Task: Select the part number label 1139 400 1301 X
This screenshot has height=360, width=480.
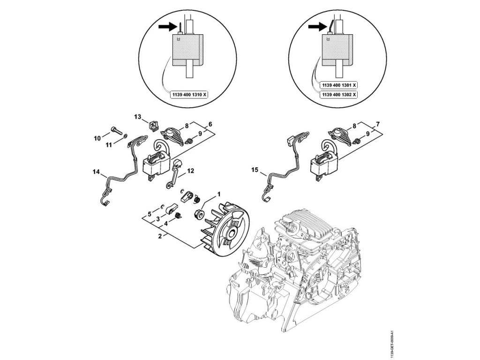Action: [x=339, y=85]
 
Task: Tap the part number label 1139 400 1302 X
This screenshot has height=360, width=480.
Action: [x=339, y=95]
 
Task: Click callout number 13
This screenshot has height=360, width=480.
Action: [x=137, y=117]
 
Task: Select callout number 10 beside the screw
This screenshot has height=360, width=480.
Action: [x=97, y=139]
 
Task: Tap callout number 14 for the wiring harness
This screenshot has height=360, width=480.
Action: [x=96, y=172]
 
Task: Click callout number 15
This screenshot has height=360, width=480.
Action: [x=255, y=170]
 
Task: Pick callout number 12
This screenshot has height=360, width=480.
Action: [x=190, y=171]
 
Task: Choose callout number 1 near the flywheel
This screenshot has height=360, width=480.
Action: [x=218, y=194]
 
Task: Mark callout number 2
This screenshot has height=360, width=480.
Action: [x=160, y=236]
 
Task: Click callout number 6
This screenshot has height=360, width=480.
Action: [x=210, y=124]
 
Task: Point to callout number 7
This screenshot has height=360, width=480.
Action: [x=378, y=124]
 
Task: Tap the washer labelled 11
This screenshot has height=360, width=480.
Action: [x=126, y=135]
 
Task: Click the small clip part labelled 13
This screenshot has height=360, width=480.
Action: [x=154, y=126]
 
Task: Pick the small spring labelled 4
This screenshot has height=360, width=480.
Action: [x=178, y=216]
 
